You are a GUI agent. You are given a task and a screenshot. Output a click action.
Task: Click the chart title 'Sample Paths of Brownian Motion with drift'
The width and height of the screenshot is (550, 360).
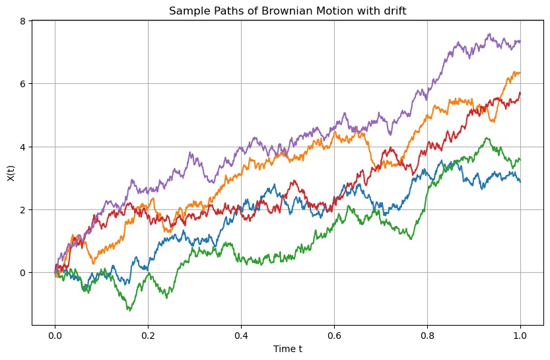(x=287, y=11)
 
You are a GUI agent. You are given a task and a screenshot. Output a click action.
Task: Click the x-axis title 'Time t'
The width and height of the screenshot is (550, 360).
(x=287, y=348)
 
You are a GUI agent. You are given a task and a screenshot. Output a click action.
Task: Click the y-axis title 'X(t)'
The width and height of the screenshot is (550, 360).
(x=11, y=173)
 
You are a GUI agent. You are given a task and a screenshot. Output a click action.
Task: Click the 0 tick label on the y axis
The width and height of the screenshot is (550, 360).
(x=22, y=273)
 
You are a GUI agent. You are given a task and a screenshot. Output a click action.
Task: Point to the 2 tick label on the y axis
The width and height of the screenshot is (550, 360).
(x=22, y=210)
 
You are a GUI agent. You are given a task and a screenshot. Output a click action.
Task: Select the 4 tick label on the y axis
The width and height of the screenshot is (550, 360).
(x=22, y=147)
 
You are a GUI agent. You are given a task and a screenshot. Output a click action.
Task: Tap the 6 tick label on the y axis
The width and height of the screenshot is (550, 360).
(x=22, y=85)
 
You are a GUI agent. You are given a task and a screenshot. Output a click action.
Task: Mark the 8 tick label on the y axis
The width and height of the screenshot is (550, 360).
(x=22, y=22)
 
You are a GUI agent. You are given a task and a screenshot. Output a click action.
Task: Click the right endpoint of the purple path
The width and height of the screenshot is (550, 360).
(x=520, y=42)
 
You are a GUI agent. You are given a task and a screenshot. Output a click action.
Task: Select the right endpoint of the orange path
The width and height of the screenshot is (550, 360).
(x=520, y=73)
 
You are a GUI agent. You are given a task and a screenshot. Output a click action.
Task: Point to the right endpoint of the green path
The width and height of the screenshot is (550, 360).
(x=520, y=160)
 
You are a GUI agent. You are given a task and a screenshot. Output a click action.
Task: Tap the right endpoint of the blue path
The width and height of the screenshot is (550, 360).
(x=520, y=181)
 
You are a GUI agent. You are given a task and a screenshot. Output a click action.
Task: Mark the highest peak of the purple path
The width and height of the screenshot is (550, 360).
(x=489, y=34)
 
